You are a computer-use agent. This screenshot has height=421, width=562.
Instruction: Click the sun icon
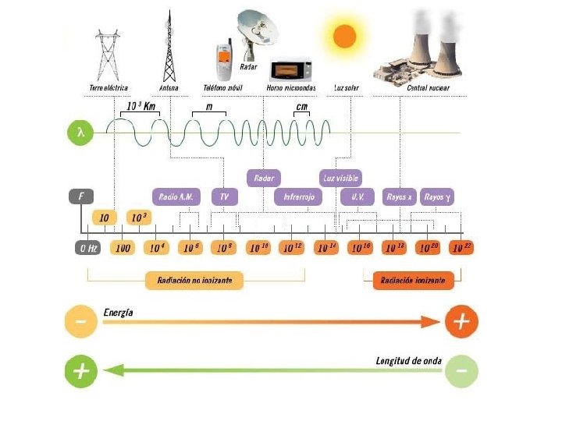tap(344, 37)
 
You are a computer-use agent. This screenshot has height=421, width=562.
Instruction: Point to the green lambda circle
tap(81, 133)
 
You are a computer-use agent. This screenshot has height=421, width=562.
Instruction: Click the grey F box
tap(81, 197)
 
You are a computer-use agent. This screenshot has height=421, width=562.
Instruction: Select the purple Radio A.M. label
tap(176, 197)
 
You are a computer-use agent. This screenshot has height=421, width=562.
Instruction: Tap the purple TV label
tap(224, 197)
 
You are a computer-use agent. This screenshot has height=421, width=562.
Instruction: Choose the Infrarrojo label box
tap(297, 197)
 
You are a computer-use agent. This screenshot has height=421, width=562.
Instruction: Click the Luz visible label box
tap(340, 179)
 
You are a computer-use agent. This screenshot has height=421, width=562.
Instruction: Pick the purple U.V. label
tap(357, 197)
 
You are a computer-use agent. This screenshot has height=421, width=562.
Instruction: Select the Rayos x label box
tap(400, 197)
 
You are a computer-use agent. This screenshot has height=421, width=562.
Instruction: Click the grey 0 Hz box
tap(87, 248)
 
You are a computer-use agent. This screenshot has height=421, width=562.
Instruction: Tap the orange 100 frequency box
tap(122, 248)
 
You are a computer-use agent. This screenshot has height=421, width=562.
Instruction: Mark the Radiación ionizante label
tap(414, 280)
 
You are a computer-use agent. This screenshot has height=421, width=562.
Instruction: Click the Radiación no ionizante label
tap(194, 280)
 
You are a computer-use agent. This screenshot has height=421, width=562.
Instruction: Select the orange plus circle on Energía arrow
tap(461, 320)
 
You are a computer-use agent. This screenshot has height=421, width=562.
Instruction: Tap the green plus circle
tap(80, 372)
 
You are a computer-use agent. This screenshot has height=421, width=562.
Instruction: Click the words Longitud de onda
tap(407, 361)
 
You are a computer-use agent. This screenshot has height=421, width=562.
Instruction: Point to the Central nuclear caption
tap(429, 88)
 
